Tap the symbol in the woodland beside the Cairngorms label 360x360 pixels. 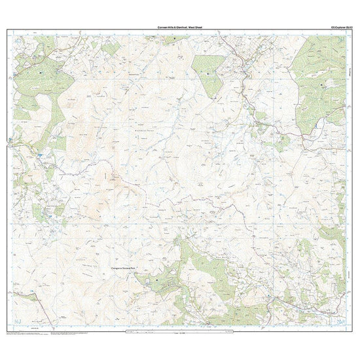pyautogui.click(x=157, y=279)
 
